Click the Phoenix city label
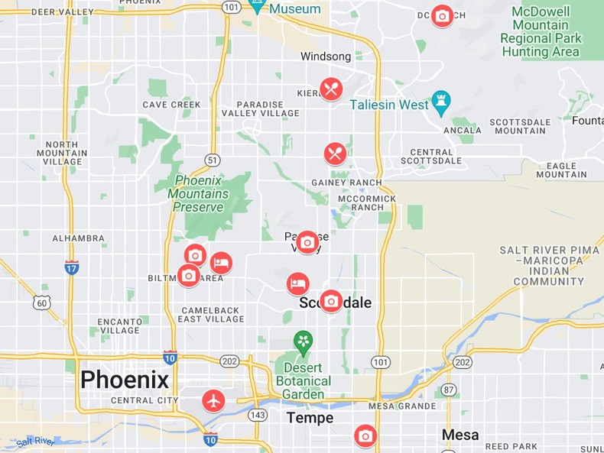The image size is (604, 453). (x=124, y=380)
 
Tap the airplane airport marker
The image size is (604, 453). (x=213, y=400)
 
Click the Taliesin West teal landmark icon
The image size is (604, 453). (x=441, y=101)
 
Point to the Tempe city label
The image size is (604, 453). (x=310, y=418)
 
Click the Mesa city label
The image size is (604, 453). (x=460, y=435)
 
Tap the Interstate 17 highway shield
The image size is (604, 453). (x=71, y=267)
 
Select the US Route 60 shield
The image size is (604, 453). (x=41, y=303)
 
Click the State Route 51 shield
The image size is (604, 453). (x=213, y=160)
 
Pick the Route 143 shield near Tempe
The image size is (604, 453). (x=258, y=415)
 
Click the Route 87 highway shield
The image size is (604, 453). (x=449, y=390)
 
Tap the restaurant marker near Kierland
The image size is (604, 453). (x=331, y=89)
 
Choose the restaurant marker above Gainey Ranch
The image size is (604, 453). (x=335, y=154)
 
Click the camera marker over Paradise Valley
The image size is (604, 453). (x=307, y=243)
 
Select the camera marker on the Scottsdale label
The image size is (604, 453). (x=331, y=301)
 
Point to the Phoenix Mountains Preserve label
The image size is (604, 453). (x=198, y=194)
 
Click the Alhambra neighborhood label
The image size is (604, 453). (x=78, y=238)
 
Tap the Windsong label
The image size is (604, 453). (x=326, y=57)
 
